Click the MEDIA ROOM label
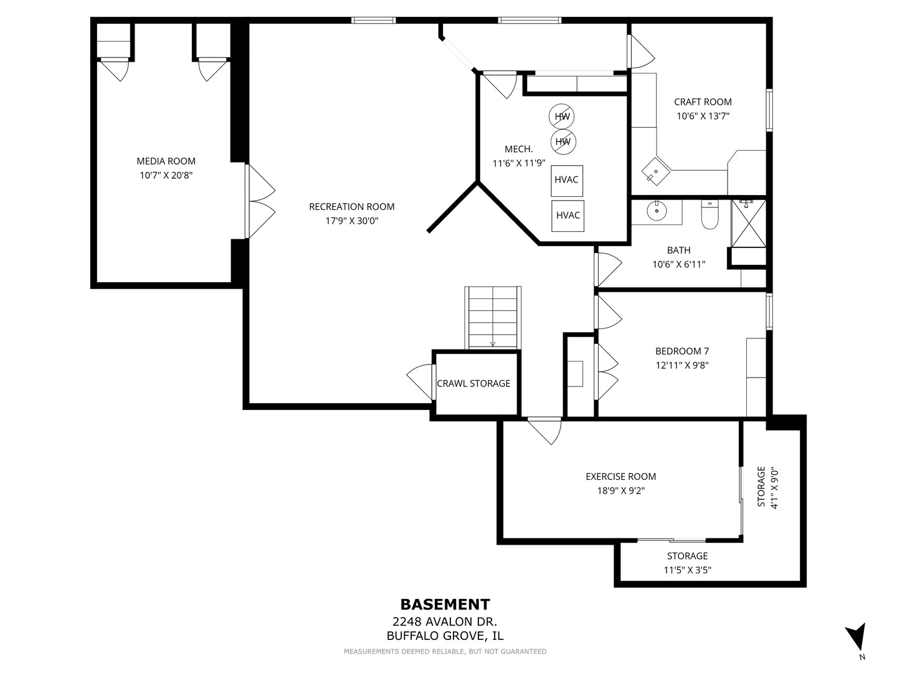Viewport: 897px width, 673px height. pos(166,161)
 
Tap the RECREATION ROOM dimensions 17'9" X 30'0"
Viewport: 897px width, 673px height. pos(352,221)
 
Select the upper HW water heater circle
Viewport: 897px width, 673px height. pos(561,117)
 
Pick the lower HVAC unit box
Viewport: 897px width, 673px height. pos(567,216)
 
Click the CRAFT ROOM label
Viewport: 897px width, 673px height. pos(703,102)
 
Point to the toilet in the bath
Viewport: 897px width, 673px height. pos(710,214)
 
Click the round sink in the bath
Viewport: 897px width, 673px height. pos(657,211)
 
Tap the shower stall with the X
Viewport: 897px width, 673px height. pos(748,223)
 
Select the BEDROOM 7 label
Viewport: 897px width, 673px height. pos(682,351)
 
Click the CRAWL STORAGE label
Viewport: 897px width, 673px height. pos(473,383)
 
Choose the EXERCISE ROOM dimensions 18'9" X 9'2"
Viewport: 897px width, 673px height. pos(621,490)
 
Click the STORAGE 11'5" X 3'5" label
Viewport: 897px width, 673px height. pos(687,563)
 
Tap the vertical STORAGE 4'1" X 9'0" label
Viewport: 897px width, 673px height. pos(768,487)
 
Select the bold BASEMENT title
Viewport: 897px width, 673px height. pos(445,604)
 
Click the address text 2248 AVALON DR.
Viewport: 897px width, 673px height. pos(445,622)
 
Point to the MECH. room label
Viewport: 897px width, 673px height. pos(519,149)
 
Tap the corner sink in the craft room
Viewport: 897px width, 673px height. pos(656,171)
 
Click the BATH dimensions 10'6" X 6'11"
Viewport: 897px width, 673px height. pos(679,264)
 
